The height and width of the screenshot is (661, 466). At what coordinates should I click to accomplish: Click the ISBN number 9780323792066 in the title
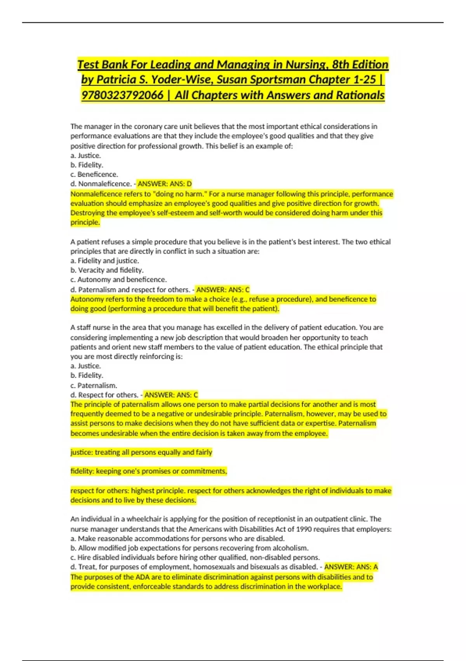coord(122,95)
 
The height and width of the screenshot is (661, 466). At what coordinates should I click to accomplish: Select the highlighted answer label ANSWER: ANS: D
coord(165,184)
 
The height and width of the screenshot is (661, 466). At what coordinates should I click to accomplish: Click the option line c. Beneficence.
coord(94,174)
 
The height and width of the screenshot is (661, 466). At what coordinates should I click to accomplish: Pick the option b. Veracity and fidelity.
coord(107,270)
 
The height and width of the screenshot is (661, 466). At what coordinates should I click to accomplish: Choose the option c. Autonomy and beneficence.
coord(118,280)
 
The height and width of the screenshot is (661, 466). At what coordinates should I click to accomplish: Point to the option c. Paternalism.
coord(94,385)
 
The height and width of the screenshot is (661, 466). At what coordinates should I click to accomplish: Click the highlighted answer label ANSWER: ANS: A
coord(351,567)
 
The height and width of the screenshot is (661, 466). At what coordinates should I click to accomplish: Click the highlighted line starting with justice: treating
coord(141,452)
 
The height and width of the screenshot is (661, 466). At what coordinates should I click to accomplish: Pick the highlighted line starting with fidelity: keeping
coord(149,471)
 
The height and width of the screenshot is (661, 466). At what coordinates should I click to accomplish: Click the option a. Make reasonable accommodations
coord(177,539)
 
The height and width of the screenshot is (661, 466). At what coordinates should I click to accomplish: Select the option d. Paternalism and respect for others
coord(130,290)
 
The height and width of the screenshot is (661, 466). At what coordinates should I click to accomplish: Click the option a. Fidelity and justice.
coord(104,261)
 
